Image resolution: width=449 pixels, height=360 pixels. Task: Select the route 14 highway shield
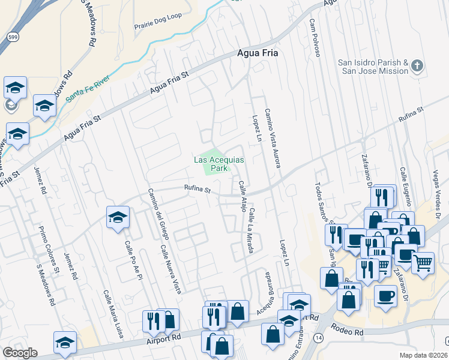pos(316,340)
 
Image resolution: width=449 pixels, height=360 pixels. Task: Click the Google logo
pos(20,353)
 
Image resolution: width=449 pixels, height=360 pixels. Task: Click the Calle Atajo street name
pos(244,196)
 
